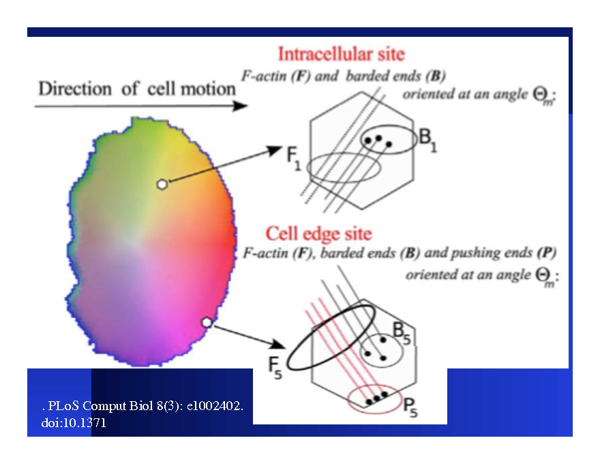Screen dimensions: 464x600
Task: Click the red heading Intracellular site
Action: pyautogui.click(x=341, y=53)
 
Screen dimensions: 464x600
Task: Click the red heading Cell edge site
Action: pyautogui.click(x=318, y=234)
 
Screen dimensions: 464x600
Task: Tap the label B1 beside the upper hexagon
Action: pyautogui.click(x=428, y=140)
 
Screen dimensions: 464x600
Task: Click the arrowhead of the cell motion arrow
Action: pyautogui.click(x=240, y=106)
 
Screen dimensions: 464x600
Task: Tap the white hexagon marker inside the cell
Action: pyautogui.click(x=162, y=184)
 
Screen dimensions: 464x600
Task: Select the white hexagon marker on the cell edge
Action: pyautogui.click(x=207, y=321)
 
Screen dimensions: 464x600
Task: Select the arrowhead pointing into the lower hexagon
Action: pyautogui.click(x=280, y=345)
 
